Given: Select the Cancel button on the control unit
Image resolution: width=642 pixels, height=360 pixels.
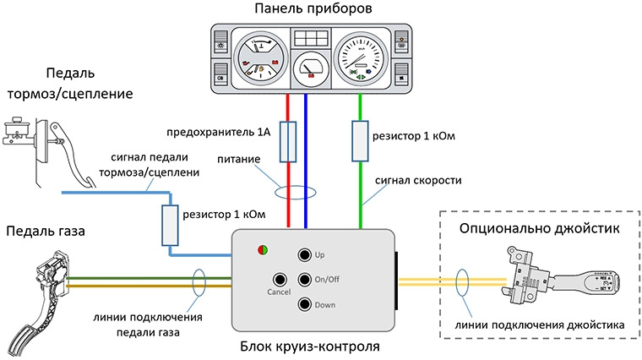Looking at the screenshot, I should pyautogui.click(x=280, y=280).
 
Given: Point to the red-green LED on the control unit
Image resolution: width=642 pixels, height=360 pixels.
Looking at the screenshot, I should pyautogui.click(x=264, y=249).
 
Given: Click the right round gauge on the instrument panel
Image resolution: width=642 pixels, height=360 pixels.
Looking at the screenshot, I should pyautogui.click(x=362, y=58).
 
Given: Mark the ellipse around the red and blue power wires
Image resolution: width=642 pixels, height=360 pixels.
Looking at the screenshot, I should pyautogui.click(x=297, y=188).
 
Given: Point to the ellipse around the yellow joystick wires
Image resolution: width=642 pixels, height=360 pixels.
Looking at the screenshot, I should pyautogui.click(x=462, y=282).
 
